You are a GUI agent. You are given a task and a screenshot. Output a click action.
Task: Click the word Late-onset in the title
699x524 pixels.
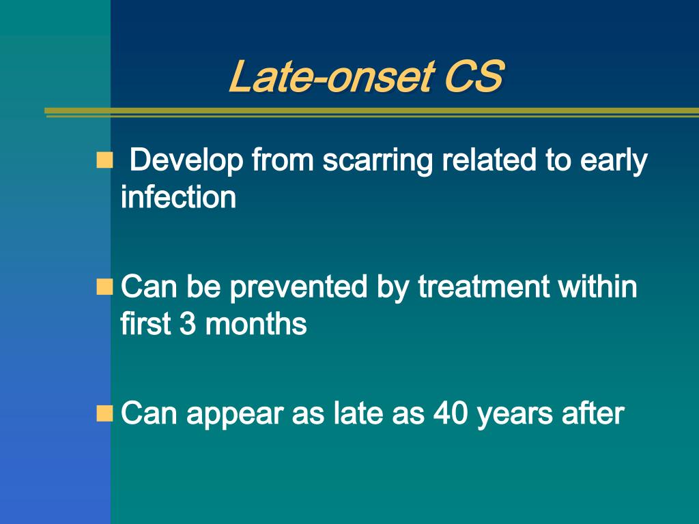tap(332, 76)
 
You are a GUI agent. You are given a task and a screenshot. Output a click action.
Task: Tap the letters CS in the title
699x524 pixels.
tap(474, 76)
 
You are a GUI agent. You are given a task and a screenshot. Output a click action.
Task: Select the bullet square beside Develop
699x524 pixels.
tap(104, 160)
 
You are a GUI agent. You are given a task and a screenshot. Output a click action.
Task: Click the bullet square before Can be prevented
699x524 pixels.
tap(104, 287)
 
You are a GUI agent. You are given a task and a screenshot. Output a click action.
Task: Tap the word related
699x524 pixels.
tap(489, 160)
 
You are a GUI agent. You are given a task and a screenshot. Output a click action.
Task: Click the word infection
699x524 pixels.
tap(178, 196)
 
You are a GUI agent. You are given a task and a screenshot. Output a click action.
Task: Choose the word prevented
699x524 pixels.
tap(298, 288)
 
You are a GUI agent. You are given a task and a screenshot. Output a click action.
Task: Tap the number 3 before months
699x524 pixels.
tap(188, 323)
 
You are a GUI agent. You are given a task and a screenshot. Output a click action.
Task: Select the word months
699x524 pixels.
tap(256, 323)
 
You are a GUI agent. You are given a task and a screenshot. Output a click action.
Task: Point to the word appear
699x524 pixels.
tap(235, 415)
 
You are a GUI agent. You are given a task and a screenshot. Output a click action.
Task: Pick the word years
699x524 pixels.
tap(515, 415)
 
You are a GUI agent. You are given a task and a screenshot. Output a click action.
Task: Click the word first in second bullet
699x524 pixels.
tap(146, 323)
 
